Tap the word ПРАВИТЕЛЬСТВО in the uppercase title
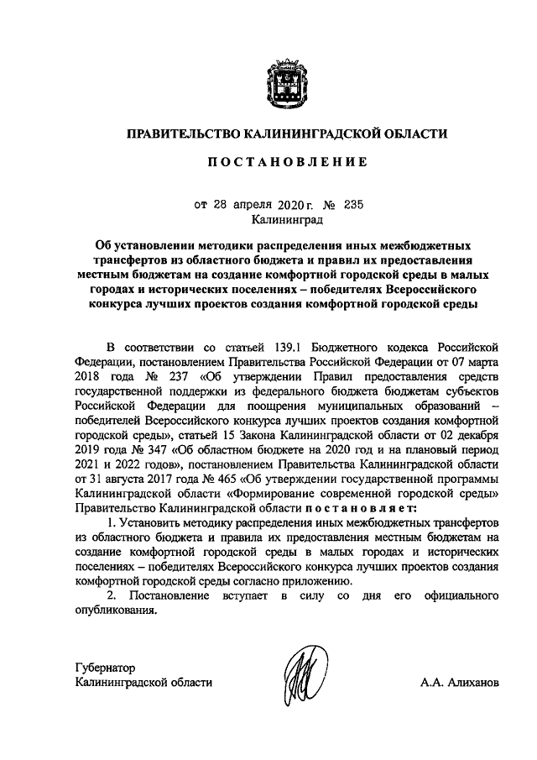[x=182, y=133]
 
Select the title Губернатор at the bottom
[x=104, y=668]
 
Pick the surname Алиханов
[x=475, y=683]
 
